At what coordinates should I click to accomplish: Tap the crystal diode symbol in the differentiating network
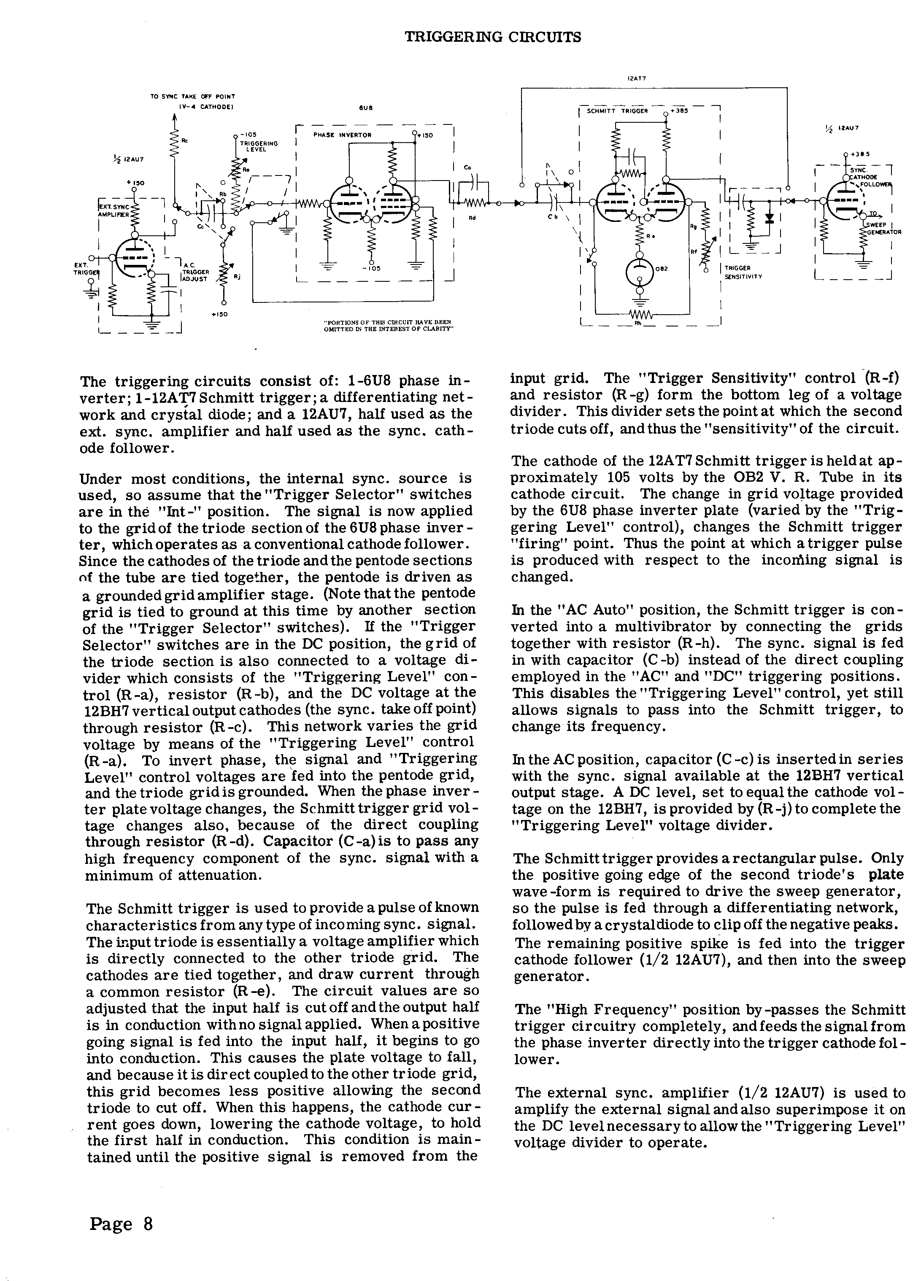point(770,218)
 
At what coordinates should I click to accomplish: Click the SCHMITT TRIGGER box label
point(617,111)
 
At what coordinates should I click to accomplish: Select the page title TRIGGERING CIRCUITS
point(492,38)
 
